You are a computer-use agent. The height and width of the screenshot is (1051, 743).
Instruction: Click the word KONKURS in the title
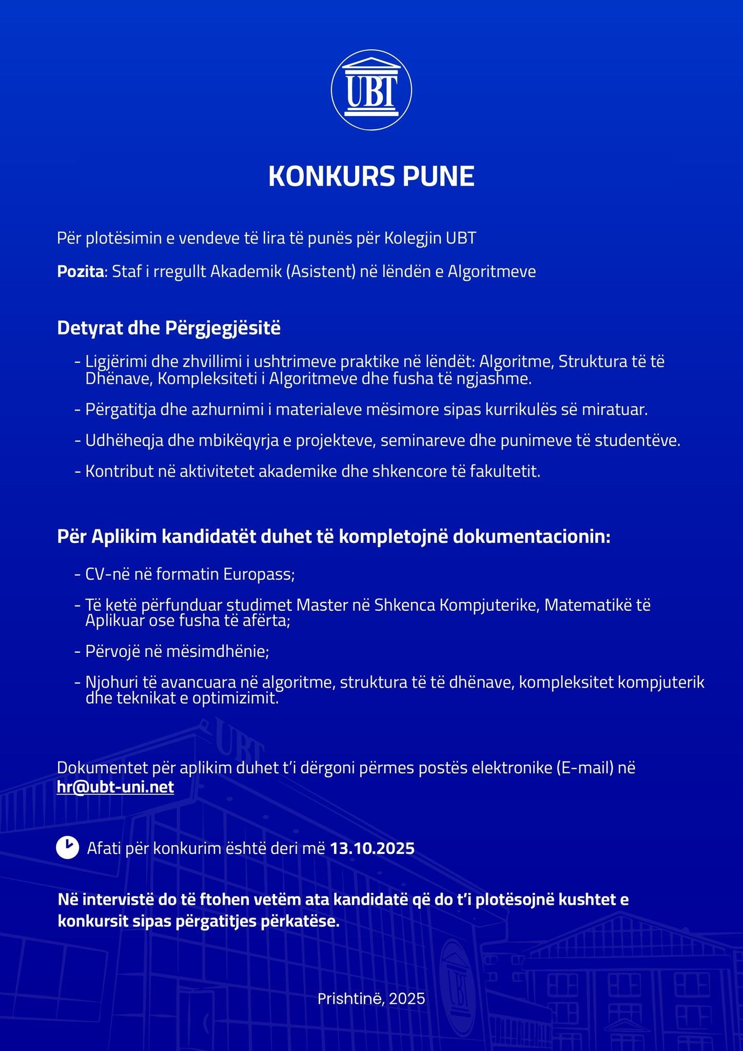coord(328,176)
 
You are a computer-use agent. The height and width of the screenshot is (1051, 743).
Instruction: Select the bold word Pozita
coord(81,271)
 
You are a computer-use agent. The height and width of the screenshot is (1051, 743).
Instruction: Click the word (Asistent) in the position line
coord(321,271)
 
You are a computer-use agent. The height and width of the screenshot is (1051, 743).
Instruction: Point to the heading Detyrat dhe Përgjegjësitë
coord(169,328)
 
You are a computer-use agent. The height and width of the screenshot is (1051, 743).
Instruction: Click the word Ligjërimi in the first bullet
coord(116,362)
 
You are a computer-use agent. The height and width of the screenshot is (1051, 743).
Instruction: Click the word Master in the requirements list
coord(322,605)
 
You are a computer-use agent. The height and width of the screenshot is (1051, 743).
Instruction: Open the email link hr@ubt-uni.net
coord(115,787)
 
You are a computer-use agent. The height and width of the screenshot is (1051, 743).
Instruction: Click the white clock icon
coord(67,848)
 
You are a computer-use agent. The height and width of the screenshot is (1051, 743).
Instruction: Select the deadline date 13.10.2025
coord(372,848)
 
